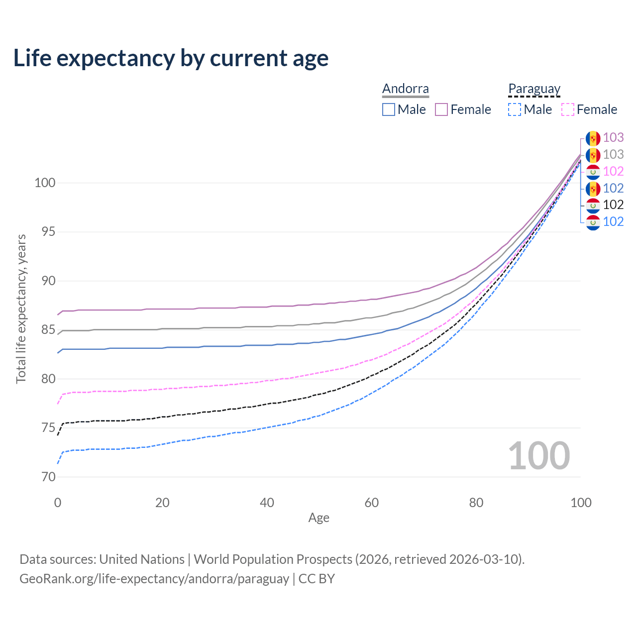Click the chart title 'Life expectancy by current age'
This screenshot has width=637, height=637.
[x=171, y=58]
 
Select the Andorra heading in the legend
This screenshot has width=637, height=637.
[x=405, y=89]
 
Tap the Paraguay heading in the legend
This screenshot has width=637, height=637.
[x=534, y=89]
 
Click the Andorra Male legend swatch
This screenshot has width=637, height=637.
[x=389, y=109]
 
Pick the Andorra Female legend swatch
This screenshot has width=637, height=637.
[x=441, y=109]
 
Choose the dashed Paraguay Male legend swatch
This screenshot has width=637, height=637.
[x=515, y=109]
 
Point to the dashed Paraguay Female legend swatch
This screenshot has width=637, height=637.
[x=568, y=109]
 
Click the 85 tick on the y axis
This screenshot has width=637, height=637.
[x=45, y=330]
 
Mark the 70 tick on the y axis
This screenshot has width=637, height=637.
[x=45, y=477]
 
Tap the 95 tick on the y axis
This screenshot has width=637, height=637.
[x=45, y=232]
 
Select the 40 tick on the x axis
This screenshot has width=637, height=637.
[x=267, y=503]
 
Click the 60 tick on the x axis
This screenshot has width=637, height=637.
[x=372, y=503]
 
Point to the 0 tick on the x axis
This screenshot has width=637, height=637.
[x=58, y=503]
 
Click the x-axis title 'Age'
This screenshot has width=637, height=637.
[x=318, y=518]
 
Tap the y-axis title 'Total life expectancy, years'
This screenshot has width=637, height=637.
[x=21, y=309]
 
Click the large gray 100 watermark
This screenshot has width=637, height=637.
[x=538, y=456]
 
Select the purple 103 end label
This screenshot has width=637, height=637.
[x=613, y=137]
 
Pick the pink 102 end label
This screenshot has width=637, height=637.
[x=613, y=171]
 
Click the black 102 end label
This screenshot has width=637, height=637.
[x=613, y=205]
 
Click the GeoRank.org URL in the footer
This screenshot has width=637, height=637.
[x=154, y=579]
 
